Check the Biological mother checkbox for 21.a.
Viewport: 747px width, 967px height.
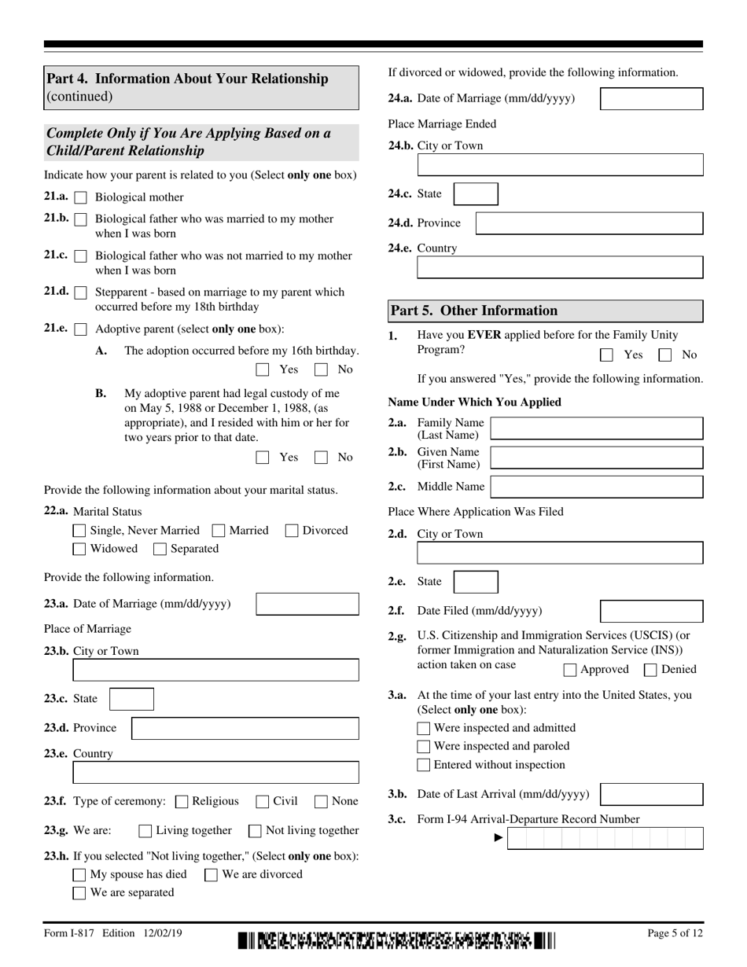[x=80, y=197]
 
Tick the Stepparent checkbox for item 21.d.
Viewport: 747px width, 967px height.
[x=80, y=292]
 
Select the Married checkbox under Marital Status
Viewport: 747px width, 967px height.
[x=219, y=531]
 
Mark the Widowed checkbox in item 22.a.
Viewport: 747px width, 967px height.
[x=79, y=549]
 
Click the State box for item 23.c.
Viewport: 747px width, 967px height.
[x=131, y=699]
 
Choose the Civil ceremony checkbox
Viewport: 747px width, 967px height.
[x=263, y=802]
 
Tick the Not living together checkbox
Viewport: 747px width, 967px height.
[x=256, y=831]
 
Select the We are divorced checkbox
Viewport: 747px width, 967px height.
[x=212, y=875]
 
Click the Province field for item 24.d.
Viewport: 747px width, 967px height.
[x=589, y=223]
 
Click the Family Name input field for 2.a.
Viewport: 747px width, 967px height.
[x=596, y=428]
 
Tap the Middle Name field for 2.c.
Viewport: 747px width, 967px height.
[x=596, y=487]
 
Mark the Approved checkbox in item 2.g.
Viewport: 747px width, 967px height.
[x=571, y=670]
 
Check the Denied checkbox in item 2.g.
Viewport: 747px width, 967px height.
[x=651, y=670]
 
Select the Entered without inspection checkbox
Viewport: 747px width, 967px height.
[x=424, y=765]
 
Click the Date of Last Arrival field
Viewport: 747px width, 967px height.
[x=651, y=794]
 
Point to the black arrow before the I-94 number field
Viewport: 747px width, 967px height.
[x=498, y=838]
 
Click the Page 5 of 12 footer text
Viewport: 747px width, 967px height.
[x=675, y=933]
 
